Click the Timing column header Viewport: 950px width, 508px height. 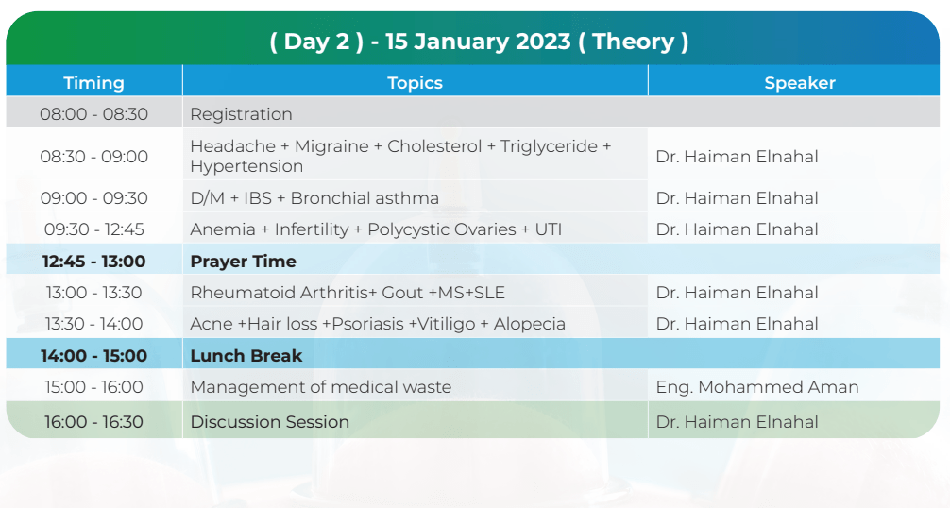(93, 83)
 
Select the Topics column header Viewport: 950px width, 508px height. (415, 83)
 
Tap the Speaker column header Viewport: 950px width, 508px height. (800, 83)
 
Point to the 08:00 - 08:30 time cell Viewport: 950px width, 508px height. (93, 114)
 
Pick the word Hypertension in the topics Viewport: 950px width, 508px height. (246, 166)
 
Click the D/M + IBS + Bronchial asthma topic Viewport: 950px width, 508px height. (314, 198)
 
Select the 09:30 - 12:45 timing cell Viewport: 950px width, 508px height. (93, 229)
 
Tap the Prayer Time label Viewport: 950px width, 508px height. (243, 261)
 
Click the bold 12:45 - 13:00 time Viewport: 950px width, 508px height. (93, 261)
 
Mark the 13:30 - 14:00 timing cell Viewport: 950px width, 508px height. (93, 324)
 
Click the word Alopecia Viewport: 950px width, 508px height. (530, 324)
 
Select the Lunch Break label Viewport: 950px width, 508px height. (246, 355)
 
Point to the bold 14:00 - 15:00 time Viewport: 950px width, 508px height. (93, 355)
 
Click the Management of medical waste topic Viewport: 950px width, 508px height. (320, 387)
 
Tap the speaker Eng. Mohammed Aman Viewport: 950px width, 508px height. (757, 387)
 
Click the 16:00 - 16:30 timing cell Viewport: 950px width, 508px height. (93, 421)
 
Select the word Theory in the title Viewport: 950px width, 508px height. (633, 42)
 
